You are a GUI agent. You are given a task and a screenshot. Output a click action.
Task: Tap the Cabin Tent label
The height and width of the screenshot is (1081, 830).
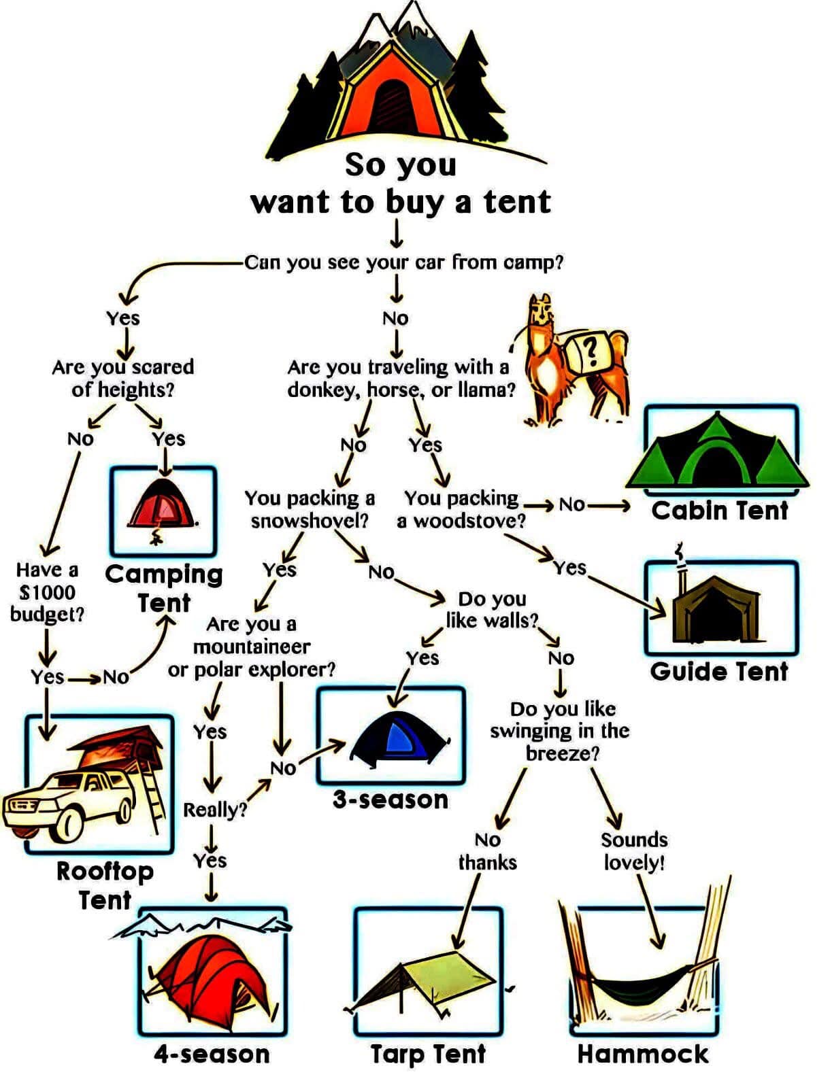(x=719, y=511)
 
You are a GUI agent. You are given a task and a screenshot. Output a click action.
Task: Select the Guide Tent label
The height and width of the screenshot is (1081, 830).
(x=719, y=671)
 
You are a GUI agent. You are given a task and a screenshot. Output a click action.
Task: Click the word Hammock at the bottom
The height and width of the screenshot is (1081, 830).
(x=643, y=1053)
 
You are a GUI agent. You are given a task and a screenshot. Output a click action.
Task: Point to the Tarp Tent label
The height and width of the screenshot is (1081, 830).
(x=428, y=1054)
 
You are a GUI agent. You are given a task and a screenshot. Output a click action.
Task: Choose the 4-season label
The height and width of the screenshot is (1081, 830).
(x=212, y=1054)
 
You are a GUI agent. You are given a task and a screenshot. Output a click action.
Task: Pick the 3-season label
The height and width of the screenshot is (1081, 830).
(x=390, y=800)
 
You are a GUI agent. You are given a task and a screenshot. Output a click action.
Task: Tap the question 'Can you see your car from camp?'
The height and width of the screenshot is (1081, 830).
(x=403, y=262)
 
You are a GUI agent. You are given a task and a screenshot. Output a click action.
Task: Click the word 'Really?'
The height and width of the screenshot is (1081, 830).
(x=214, y=810)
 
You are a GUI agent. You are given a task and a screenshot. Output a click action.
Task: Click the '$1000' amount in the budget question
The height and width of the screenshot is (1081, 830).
(x=47, y=592)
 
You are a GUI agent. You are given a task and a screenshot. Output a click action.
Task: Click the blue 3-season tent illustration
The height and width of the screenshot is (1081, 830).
(x=399, y=736)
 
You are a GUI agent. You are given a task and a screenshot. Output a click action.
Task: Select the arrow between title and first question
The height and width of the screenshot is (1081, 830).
(x=396, y=234)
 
